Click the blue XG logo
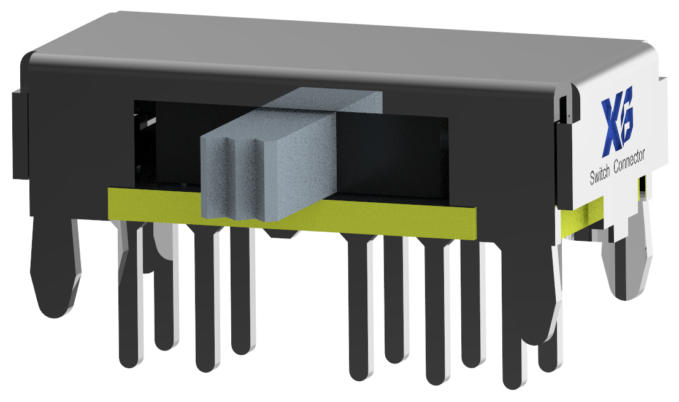[x=617, y=121]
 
